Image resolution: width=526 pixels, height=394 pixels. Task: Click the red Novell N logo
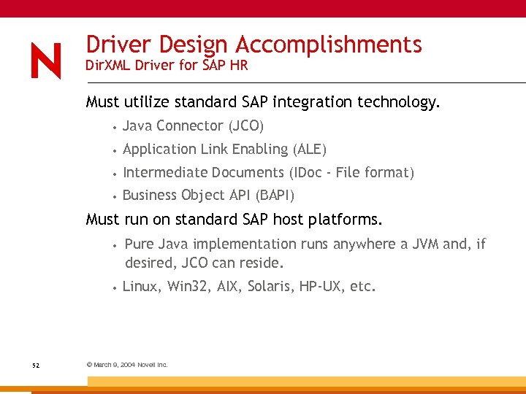coord(46,61)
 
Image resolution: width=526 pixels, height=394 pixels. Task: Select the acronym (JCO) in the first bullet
coord(245,125)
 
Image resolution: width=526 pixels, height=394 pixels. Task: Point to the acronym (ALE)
coord(309,149)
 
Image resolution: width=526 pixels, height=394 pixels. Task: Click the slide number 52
coord(36,365)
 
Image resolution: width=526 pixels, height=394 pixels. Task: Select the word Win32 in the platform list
coord(188,286)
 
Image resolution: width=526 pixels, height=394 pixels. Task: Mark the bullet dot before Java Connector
coord(115,127)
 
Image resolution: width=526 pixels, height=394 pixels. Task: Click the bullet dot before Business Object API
coord(115,196)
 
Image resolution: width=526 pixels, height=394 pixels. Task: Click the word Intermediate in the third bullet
coord(165,172)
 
